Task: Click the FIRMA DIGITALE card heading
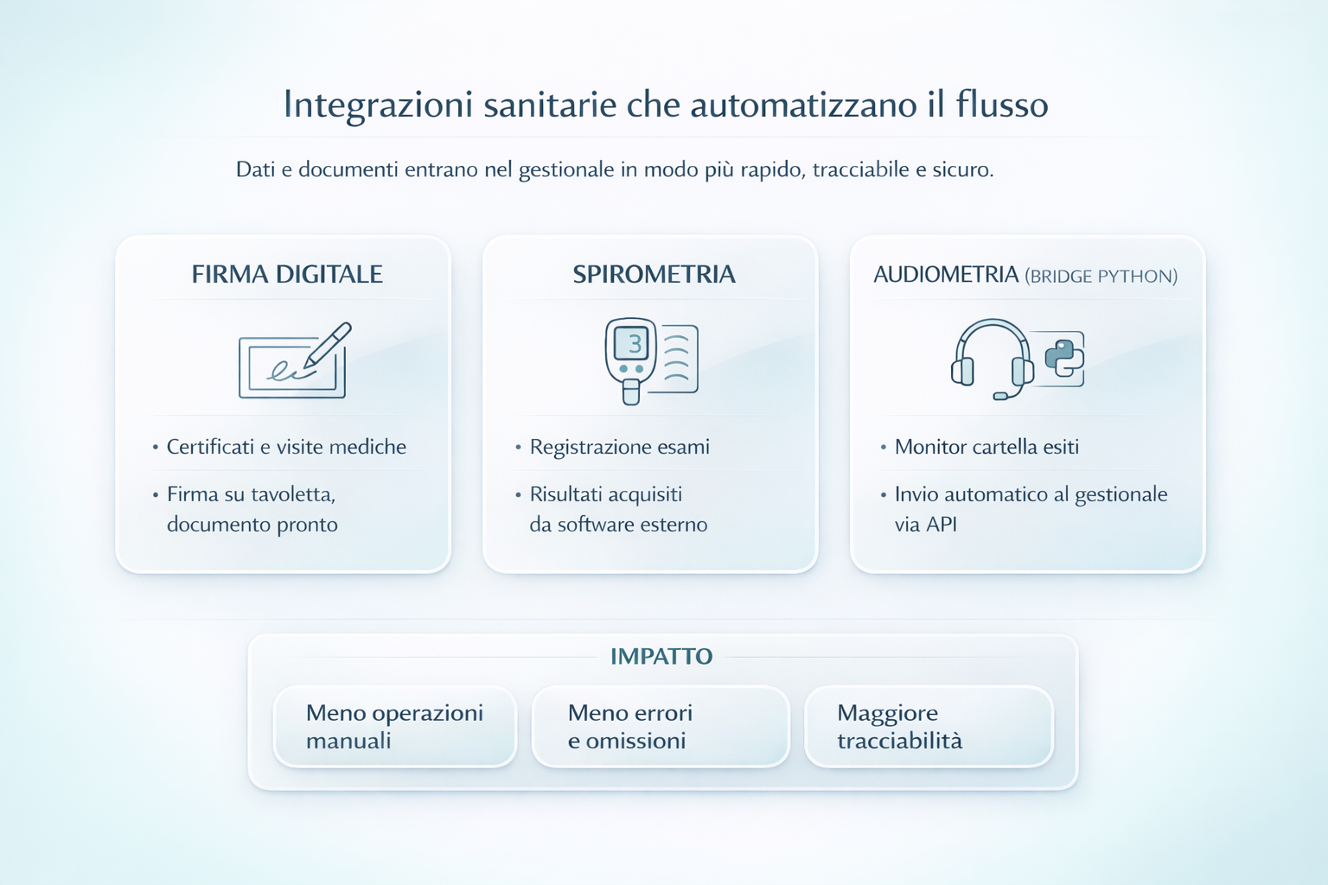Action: click(287, 275)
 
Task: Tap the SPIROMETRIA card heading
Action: click(654, 275)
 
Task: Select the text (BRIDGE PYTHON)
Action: click(1101, 277)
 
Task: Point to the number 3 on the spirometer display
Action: click(635, 344)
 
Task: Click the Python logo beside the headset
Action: click(1064, 358)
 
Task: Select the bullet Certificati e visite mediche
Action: click(286, 447)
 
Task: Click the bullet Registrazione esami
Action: click(619, 447)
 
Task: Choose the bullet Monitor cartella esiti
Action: click(986, 447)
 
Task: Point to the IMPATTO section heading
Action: click(661, 657)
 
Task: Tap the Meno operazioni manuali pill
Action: click(395, 727)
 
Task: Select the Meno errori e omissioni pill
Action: click(661, 727)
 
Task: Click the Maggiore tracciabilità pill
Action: click(929, 727)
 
